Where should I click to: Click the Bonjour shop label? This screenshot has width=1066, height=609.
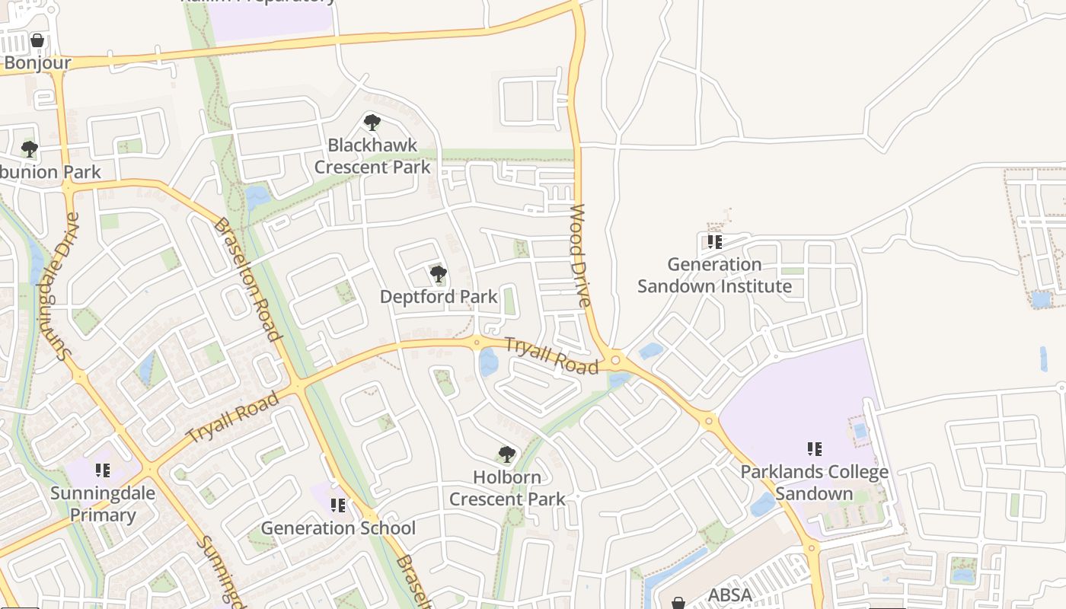[x=37, y=62]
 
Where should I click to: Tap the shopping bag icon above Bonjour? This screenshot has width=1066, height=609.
[x=37, y=40]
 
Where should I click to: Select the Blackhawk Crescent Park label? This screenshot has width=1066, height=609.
[x=372, y=156]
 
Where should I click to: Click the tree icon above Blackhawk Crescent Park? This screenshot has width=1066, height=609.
[x=372, y=122]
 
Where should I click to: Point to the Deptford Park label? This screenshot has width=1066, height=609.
[x=439, y=296]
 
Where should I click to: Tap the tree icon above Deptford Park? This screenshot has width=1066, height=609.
[x=438, y=273]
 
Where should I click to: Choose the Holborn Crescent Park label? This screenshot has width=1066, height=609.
[x=507, y=488]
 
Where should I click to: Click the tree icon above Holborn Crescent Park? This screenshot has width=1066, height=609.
[x=506, y=454]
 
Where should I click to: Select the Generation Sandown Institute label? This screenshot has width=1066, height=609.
[x=714, y=276]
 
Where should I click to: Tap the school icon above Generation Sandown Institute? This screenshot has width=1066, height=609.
[x=714, y=242]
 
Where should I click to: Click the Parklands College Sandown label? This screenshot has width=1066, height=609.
[x=814, y=483]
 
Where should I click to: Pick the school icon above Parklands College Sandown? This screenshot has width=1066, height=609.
[x=814, y=449]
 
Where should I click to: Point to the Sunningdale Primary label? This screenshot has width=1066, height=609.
[x=103, y=504]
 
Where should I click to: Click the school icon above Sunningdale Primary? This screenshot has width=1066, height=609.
[x=103, y=470]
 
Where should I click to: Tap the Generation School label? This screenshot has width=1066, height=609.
[x=338, y=528]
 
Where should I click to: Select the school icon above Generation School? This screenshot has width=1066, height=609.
[x=338, y=505]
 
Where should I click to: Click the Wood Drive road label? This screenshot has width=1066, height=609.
[x=580, y=256]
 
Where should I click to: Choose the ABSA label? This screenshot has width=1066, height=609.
[x=730, y=595]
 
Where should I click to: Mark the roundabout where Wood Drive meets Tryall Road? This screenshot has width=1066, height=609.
[x=615, y=359]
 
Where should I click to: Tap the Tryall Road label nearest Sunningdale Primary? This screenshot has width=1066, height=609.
[x=233, y=417]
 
